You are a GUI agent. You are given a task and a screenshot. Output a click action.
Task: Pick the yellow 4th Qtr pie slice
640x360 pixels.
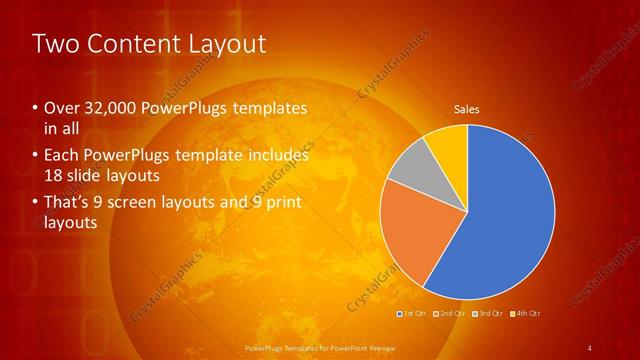point(448,145)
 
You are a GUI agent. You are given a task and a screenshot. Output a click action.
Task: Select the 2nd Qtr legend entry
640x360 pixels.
point(451,314)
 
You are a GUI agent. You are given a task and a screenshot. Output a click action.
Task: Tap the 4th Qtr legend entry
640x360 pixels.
point(527,314)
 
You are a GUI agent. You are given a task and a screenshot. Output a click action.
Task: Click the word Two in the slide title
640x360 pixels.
point(53,44)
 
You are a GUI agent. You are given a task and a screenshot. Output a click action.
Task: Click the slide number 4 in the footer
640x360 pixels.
point(589,348)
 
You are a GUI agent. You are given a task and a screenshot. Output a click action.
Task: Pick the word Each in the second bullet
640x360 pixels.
point(62,156)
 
